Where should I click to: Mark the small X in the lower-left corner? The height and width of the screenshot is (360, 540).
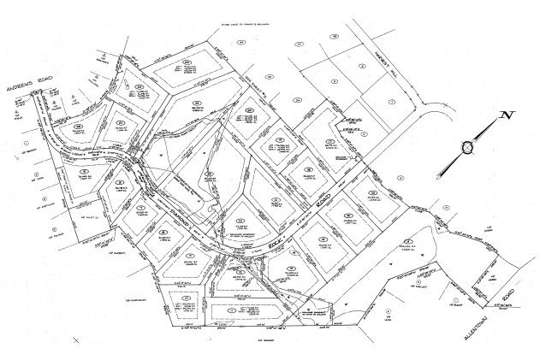[x=76, y=339]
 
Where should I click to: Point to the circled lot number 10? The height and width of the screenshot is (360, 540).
[x=323, y=238]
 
